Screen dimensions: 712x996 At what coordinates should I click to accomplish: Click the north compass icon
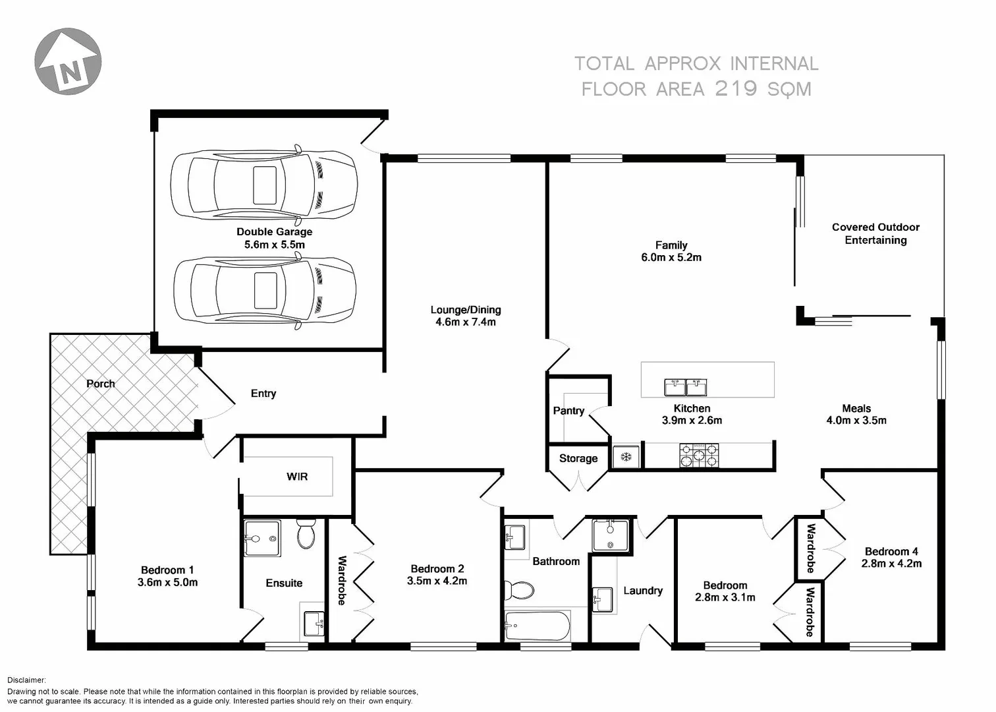tap(68, 61)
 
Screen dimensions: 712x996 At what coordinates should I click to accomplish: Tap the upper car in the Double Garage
tap(263, 185)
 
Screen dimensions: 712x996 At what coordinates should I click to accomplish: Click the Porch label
tap(100, 384)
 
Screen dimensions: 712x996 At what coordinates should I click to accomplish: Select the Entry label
tap(263, 394)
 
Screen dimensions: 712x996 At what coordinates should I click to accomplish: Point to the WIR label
tap(297, 477)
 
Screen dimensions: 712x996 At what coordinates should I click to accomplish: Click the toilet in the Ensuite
tap(306, 535)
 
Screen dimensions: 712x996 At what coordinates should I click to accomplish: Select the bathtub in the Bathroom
tap(537, 626)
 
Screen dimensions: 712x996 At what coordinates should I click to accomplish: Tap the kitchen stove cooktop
tap(699, 456)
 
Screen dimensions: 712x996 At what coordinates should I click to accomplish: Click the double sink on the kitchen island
tap(686, 386)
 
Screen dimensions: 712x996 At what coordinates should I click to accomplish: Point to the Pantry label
tap(568, 411)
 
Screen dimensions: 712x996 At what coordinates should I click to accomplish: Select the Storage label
tap(578, 459)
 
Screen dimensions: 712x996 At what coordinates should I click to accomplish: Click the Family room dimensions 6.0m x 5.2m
tap(671, 258)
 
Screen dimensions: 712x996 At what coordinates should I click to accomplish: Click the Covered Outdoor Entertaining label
tap(875, 233)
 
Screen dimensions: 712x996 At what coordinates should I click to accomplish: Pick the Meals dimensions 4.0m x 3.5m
tap(856, 421)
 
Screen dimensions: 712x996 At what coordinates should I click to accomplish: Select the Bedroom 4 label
tap(891, 552)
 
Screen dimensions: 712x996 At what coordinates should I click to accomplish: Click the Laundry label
tap(643, 591)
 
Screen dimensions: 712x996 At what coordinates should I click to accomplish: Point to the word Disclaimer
tap(26, 680)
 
